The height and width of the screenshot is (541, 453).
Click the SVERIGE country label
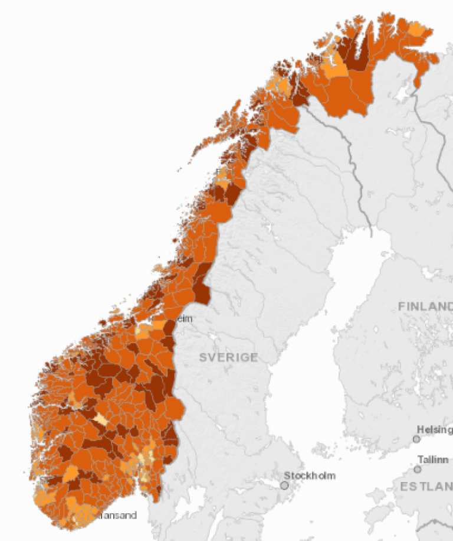coord(228,357)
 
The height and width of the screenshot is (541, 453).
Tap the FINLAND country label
coord(425,307)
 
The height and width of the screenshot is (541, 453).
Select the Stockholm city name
coord(310,475)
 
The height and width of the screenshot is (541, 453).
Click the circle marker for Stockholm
coord(284,485)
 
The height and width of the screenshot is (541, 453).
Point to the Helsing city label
coord(435,429)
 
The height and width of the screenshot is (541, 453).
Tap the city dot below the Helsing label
coord(416,439)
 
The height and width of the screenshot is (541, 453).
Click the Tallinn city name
coord(433,459)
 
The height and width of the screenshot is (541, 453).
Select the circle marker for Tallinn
coord(418,469)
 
